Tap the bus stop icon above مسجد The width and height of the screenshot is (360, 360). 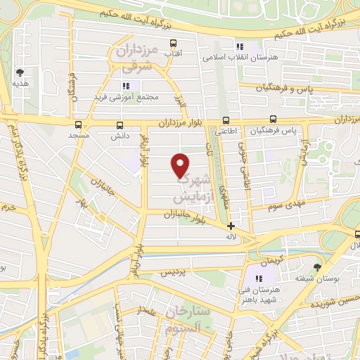click(77, 124)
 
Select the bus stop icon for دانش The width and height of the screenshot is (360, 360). click(118, 126)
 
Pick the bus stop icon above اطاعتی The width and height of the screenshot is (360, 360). click(225, 120)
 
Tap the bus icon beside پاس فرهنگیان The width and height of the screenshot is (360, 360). click(273, 120)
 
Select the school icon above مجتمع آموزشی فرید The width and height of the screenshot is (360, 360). click(127, 86)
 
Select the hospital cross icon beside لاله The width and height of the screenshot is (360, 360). click(231, 226)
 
